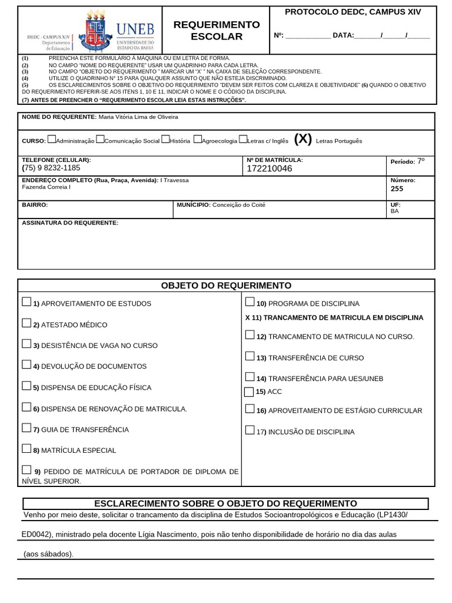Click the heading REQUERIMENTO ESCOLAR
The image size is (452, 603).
click(x=217, y=31)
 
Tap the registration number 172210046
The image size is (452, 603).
click(x=269, y=169)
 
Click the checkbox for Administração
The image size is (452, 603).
click(x=52, y=140)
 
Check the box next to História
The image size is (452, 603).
click(x=165, y=140)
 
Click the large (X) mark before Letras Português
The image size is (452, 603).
click(x=303, y=139)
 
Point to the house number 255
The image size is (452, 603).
click(x=397, y=189)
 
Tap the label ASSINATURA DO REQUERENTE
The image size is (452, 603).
click(x=70, y=223)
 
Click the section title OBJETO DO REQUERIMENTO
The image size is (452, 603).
click(x=226, y=286)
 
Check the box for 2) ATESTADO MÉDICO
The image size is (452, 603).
click(x=26, y=323)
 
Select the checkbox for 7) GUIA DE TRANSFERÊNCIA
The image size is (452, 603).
click(x=26, y=428)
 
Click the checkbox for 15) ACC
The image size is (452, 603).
click(x=248, y=392)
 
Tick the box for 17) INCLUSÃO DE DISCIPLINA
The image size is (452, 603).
click(x=250, y=430)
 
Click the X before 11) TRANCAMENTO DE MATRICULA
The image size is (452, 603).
click(x=248, y=318)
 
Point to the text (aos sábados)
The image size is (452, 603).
click(x=48, y=554)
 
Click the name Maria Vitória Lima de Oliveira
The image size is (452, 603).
click(x=138, y=117)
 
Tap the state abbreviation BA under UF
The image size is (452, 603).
click(x=394, y=211)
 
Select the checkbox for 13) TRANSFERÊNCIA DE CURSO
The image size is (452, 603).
click(x=250, y=356)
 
